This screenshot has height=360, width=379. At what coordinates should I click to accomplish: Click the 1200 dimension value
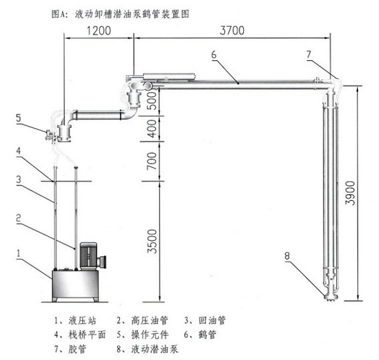coord(98,31)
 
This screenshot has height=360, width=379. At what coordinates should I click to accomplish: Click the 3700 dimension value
coord(232,31)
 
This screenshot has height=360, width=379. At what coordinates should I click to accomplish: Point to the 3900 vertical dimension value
coord(350,193)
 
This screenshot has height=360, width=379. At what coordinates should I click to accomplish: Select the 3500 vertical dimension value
coord(152,241)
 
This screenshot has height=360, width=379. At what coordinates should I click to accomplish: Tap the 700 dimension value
coord(152,161)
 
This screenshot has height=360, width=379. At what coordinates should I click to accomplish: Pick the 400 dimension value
coord(152,128)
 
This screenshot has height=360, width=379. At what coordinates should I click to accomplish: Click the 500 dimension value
coord(152,100)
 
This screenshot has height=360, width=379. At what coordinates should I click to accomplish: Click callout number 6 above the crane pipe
coord(214,55)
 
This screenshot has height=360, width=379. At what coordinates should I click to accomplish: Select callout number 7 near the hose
coord(309,54)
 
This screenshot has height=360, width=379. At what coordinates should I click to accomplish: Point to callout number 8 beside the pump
coord(287,256)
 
